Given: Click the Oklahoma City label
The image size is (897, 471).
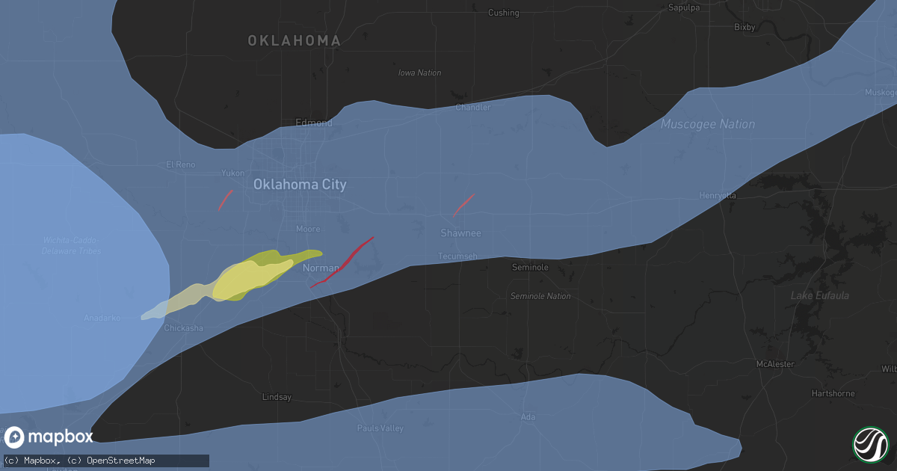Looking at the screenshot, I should point(300,185).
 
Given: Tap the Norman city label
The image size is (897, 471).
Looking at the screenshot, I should point(321,268).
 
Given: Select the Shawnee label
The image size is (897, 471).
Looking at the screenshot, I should point(460,233).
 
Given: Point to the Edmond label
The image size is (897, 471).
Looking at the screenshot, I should point(314,123).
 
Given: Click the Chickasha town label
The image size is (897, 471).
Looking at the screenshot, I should point(183,328).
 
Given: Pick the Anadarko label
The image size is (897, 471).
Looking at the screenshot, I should point(103,318).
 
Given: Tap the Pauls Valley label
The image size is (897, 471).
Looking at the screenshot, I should point(380,428).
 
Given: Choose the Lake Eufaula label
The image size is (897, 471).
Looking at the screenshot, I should point(819,296).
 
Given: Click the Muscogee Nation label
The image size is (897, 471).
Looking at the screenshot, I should point(708,124).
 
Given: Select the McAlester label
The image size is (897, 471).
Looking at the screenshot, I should point(774,364).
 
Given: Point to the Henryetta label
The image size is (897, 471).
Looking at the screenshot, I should point(718,196).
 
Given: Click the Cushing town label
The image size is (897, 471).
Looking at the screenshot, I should point(503,13).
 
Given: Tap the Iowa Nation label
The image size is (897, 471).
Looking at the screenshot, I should point(419,73).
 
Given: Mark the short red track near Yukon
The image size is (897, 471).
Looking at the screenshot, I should point(225,200).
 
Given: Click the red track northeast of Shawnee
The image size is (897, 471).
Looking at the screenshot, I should point(463,205).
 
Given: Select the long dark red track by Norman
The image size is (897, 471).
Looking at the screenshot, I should point(342,262).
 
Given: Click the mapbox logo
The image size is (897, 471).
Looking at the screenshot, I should point(49,437).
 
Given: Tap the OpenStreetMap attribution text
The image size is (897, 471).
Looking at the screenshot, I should point(122,461).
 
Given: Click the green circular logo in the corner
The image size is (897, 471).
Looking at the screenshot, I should point(870,444).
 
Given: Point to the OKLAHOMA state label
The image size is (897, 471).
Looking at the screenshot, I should point(295,41).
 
